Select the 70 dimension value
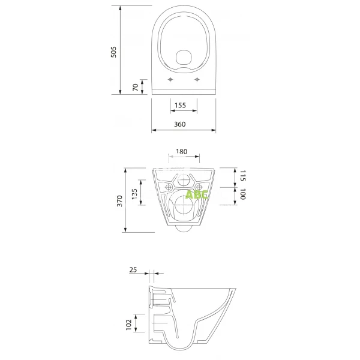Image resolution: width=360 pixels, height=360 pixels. pos(136,86)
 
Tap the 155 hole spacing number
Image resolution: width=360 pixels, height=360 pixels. pos(180,106)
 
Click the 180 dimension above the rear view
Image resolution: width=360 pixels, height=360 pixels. pos(182,152)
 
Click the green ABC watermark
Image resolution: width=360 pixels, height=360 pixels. pos(196,194)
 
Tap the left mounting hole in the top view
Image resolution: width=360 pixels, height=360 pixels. pos(171,79)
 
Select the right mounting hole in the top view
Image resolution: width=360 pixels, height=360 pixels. pos(197,79)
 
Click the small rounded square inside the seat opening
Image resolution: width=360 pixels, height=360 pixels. pos(184,57)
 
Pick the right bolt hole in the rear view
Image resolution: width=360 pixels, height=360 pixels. pos(199,187)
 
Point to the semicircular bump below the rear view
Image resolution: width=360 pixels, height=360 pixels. pos(184,229)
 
